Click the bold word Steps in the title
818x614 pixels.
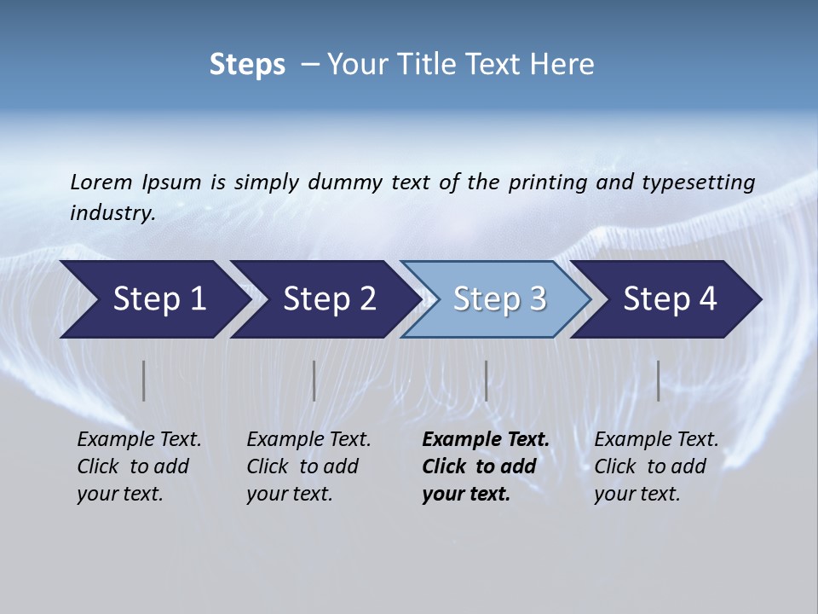click(x=247, y=65)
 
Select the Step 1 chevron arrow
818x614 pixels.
click(x=153, y=299)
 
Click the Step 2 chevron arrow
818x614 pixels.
click(x=325, y=299)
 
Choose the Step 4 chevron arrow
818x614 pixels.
click(x=665, y=299)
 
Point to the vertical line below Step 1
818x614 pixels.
click(x=144, y=380)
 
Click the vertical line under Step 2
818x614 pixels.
click(x=314, y=380)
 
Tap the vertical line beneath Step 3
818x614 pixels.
click(x=487, y=380)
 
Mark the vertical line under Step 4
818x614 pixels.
click(x=659, y=380)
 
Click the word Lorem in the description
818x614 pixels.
click(x=101, y=182)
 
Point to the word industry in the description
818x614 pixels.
click(x=112, y=212)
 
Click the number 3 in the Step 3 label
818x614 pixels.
click(x=537, y=299)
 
